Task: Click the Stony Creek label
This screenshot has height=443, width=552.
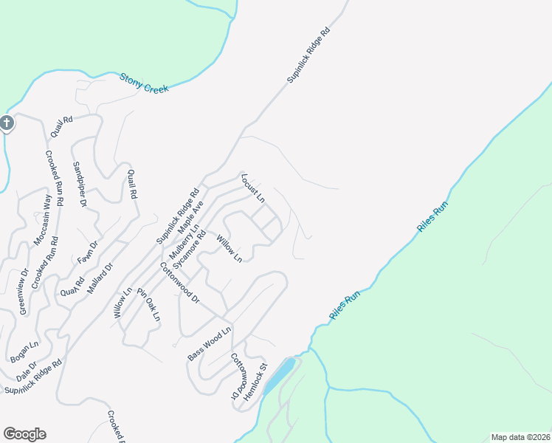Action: [144, 83]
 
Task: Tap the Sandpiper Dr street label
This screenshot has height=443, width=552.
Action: [80, 183]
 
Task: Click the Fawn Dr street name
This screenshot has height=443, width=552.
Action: [88, 253]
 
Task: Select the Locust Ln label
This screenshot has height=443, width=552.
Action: [252, 188]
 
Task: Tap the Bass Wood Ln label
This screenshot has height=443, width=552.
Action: [209, 343]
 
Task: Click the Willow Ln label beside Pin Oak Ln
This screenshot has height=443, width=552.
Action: [123, 303]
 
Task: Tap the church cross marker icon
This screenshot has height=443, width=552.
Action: [7, 123]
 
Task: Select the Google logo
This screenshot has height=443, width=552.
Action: [24, 434]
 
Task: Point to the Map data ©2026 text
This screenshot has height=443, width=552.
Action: [520, 437]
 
